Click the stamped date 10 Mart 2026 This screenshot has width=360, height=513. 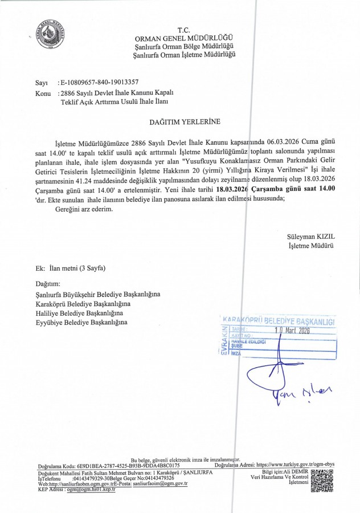click(292, 329)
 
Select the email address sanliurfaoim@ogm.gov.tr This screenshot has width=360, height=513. click(160, 483)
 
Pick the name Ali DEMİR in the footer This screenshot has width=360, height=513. click(296, 472)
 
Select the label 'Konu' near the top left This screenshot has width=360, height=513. click(43, 93)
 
